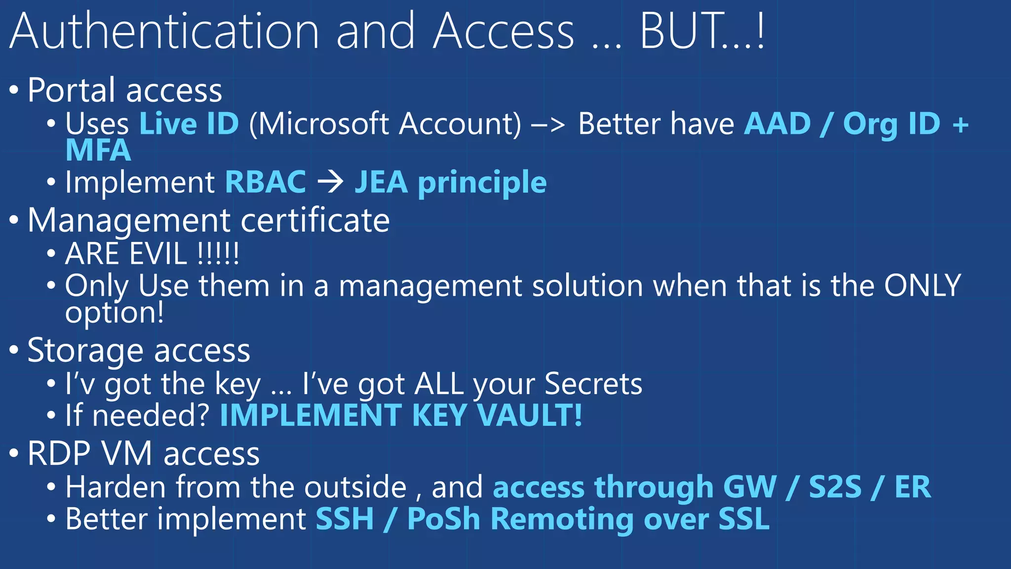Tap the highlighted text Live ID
[x=189, y=123]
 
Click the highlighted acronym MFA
[x=98, y=150]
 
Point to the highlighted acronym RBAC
[x=266, y=182]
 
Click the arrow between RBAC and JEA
[x=330, y=182]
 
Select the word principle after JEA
[x=482, y=183]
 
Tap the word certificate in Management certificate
[x=315, y=220]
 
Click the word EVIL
[x=158, y=254]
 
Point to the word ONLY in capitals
[x=922, y=285]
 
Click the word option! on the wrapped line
[x=115, y=313]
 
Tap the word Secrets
[x=593, y=384]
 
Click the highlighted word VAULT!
[x=530, y=415]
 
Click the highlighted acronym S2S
[x=835, y=487]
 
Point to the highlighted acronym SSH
[x=345, y=519]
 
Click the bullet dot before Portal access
[x=14, y=90]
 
